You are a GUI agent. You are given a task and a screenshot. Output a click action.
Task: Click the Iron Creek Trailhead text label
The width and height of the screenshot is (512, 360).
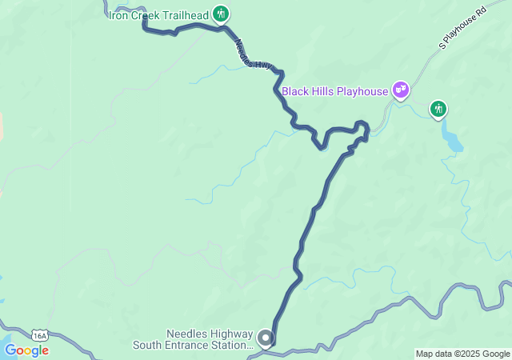pyautogui.click(x=159, y=14)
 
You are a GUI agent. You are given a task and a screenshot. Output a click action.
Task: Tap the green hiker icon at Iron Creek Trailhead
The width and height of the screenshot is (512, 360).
pyautogui.click(x=222, y=14)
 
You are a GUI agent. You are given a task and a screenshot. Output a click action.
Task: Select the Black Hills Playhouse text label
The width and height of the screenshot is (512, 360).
pyautogui.click(x=334, y=91)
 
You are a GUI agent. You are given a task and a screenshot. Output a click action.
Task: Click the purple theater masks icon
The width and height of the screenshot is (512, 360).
pyautogui.click(x=401, y=90)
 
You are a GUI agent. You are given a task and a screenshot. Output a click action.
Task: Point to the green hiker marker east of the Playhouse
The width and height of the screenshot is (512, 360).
pyautogui.click(x=438, y=108)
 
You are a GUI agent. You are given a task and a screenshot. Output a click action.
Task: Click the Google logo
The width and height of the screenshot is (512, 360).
pyautogui.click(x=26, y=350)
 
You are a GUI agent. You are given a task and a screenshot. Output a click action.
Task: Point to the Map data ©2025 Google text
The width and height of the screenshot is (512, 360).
pyautogui.click(x=462, y=354)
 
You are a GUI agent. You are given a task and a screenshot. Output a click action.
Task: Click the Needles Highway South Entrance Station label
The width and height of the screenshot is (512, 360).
pyautogui.click(x=209, y=340)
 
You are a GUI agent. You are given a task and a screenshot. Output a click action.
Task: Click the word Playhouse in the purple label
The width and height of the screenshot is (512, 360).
pyautogui.click(x=362, y=91)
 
